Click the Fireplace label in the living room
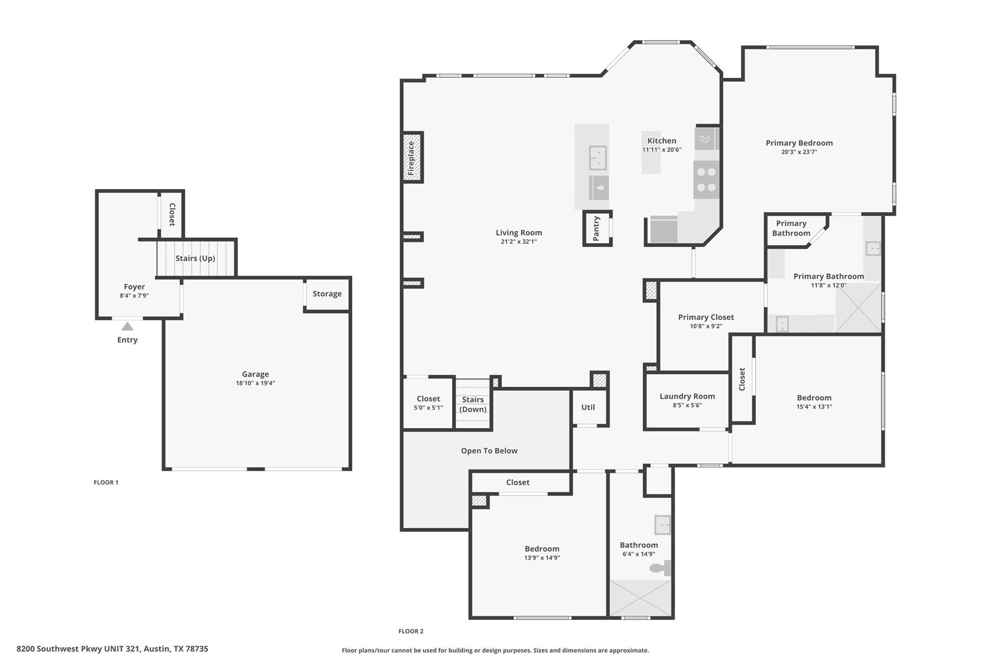pos(411,158)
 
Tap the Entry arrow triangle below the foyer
pos(127,326)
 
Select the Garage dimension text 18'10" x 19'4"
pos(255,383)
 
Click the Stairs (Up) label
pos(195,258)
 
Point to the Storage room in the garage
pos(327,293)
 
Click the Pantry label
pos(596,228)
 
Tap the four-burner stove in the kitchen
pos(706,180)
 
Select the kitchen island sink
pos(598,158)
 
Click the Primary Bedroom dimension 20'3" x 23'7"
pos(799,152)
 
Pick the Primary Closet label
pos(706,317)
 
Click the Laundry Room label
pos(687,396)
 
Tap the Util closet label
pos(588,407)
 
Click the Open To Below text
pos(489,451)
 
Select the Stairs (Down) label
pos(473,404)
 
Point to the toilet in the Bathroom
pos(659,568)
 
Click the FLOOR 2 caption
pos(411,631)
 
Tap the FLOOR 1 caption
pos(106,482)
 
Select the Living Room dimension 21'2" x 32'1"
pos(519,242)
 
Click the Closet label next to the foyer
pos(172,214)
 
